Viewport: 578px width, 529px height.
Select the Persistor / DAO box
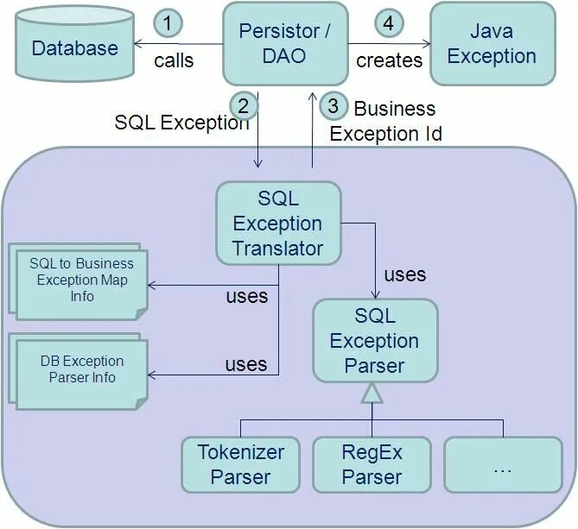[x=284, y=43]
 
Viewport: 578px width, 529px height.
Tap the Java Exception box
[x=492, y=43]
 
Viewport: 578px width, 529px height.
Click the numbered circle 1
[x=168, y=22]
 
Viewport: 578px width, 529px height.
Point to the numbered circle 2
[x=244, y=105]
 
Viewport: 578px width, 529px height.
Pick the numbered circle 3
[x=333, y=106]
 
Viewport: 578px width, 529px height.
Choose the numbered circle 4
[x=388, y=22]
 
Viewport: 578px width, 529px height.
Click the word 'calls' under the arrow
[x=174, y=60]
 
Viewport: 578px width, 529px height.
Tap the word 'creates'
[x=390, y=60]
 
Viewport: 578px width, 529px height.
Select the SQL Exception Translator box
[x=277, y=224]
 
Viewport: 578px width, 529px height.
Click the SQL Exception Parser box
[x=374, y=341]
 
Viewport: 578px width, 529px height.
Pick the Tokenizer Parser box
[x=241, y=464]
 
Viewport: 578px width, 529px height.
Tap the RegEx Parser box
[x=372, y=464]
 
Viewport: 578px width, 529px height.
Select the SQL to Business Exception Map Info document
[x=80, y=280]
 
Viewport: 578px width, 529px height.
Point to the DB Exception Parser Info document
[x=80, y=370]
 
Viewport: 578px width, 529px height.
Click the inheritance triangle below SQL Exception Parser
[x=372, y=394]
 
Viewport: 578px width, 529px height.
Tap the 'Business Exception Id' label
[x=385, y=122]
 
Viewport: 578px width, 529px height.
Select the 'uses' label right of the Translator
[x=404, y=274]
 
